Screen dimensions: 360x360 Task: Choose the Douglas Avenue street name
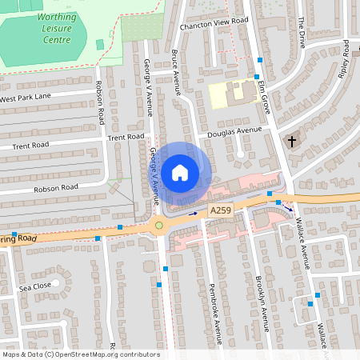tap(234, 131)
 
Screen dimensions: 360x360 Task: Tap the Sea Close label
tap(35, 284)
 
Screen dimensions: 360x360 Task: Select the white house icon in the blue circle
tap(180, 173)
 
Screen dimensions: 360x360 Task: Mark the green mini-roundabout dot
tap(159, 225)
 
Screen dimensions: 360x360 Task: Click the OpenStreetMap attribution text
tap(80, 354)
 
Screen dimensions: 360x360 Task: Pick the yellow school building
tap(231, 95)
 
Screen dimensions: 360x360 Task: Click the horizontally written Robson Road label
tap(55, 189)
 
